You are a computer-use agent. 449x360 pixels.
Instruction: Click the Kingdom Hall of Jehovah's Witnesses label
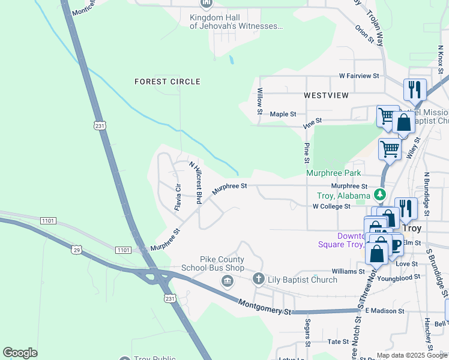(x=236, y=22)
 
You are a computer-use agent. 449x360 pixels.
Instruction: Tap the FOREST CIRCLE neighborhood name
(x=167, y=82)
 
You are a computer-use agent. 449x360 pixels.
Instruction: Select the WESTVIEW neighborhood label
(x=326, y=95)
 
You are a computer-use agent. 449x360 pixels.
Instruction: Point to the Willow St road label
(x=260, y=101)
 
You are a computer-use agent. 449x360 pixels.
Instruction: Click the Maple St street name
(x=283, y=114)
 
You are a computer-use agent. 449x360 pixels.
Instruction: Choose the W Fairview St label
(x=359, y=76)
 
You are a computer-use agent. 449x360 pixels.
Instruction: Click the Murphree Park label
(x=333, y=173)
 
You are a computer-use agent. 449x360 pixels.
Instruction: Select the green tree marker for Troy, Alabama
(x=379, y=195)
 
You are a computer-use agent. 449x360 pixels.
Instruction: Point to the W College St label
(x=331, y=206)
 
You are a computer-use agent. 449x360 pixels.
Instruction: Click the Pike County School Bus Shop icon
(x=227, y=281)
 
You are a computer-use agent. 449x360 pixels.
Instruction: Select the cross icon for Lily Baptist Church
(x=258, y=278)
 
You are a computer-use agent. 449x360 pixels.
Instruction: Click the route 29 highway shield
(x=76, y=250)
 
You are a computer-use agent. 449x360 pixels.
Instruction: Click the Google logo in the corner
(x=20, y=352)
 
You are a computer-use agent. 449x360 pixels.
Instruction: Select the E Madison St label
(x=385, y=311)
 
